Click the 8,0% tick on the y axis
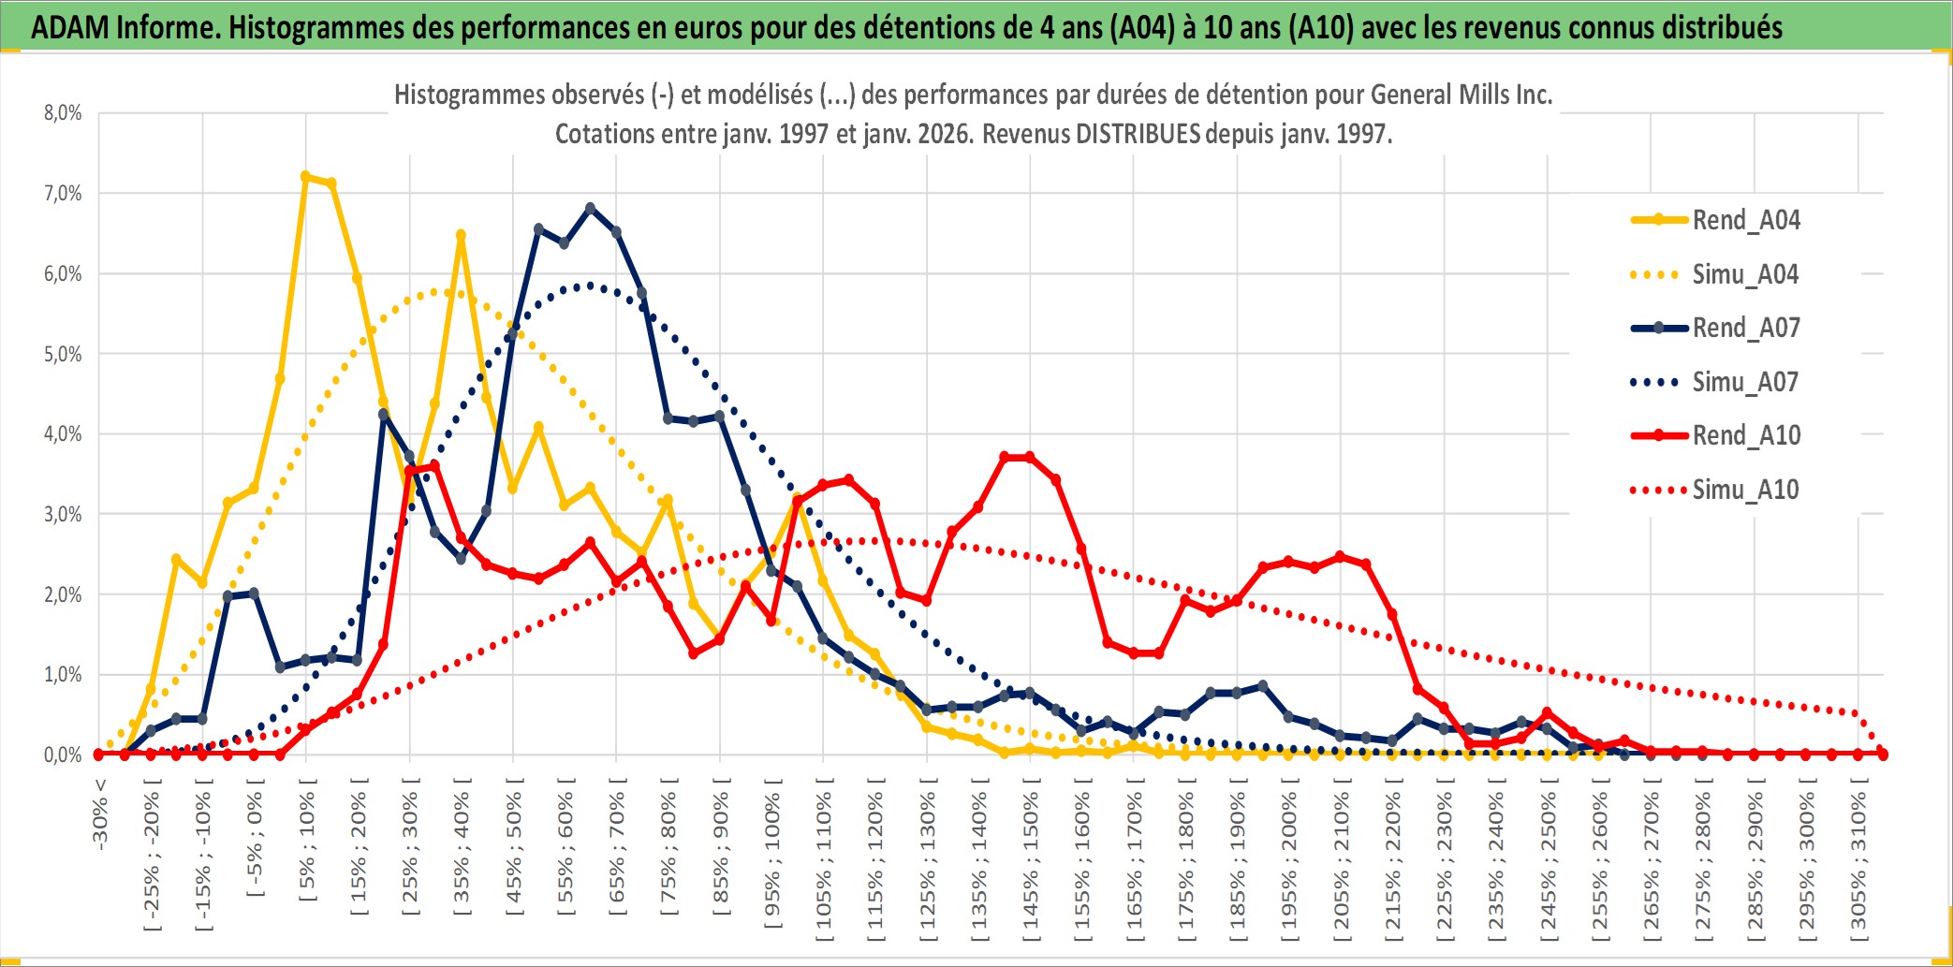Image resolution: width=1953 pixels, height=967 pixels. [63, 113]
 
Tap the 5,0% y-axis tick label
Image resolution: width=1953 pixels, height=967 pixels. [63, 354]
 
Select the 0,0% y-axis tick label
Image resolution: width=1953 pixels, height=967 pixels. [63, 755]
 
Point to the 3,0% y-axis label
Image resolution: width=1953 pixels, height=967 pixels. [63, 514]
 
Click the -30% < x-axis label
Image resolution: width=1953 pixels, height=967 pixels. [100, 814]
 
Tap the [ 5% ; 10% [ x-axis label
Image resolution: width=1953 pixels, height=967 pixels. [307, 847]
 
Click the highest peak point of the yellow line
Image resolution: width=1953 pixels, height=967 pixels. [305, 176]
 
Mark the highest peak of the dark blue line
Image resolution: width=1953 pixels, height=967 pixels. [590, 208]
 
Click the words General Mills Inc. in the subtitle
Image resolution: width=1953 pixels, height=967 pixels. [1461, 95]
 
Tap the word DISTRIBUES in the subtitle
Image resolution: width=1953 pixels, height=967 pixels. [1138, 134]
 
